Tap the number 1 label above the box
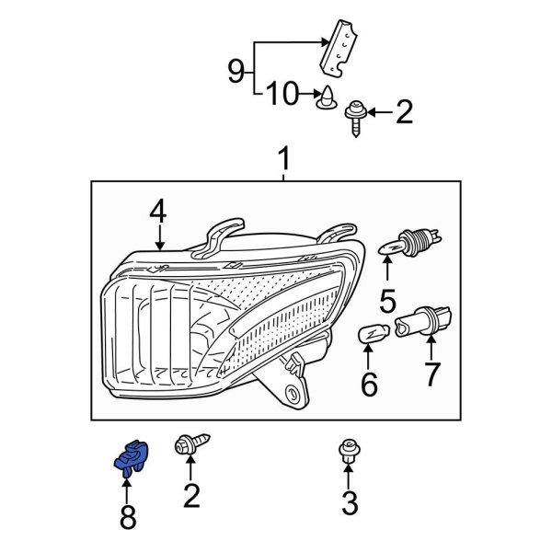pyautogui.click(x=283, y=162)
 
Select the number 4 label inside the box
pyautogui.click(x=158, y=213)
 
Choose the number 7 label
pyautogui.click(x=430, y=374)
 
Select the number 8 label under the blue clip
pyautogui.click(x=127, y=517)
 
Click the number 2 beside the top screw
pyautogui.click(x=403, y=112)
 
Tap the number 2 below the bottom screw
pyautogui.click(x=190, y=498)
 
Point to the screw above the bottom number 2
pyautogui.click(x=190, y=448)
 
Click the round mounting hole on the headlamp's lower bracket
pyautogui.click(x=295, y=397)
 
